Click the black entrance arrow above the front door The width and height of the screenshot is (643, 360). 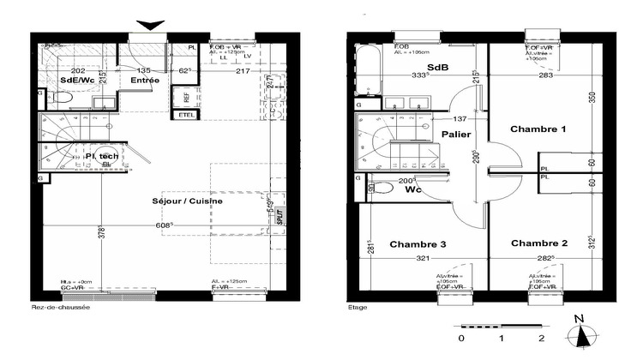[x=149, y=26]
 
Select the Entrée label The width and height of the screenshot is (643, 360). [x=144, y=80]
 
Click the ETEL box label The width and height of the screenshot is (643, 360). [x=185, y=114]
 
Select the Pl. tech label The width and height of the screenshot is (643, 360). [x=102, y=156]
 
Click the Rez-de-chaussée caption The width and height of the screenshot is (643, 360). [x=60, y=306]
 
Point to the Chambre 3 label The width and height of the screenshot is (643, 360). [x=418, y=245]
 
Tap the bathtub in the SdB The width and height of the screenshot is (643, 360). [x=369, y=73]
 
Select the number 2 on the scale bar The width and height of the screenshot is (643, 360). [x=542, y=338]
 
